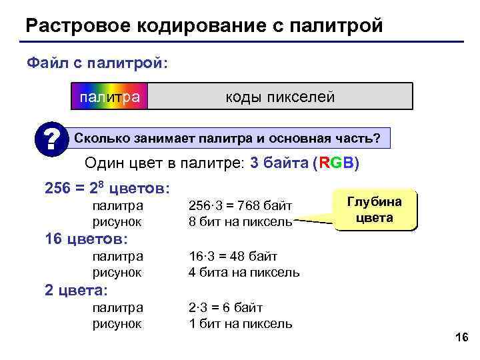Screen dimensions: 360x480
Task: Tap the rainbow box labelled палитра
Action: point(109,97)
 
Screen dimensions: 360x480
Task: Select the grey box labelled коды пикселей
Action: point(279,97)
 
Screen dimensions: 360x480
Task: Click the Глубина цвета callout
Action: point(374,210)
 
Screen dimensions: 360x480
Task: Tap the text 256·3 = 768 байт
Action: point(241,206)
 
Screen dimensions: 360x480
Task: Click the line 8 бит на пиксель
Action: point(241,221)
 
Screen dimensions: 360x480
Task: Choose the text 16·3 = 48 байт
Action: point(233,256)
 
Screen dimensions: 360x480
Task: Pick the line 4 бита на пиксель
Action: point(244,272)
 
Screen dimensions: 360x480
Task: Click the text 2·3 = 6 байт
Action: point(226,307)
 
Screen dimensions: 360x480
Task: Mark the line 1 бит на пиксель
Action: point(241,323)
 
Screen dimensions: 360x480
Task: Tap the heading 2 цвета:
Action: point(76,290)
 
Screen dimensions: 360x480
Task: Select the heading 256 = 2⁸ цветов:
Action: point(107,187)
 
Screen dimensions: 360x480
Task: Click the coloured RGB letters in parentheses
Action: point(335,164)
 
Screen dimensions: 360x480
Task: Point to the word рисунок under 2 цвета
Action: point(117,323)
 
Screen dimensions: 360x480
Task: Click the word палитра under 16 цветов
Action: point(117,256)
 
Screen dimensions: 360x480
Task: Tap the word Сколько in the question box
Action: point(100,138)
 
